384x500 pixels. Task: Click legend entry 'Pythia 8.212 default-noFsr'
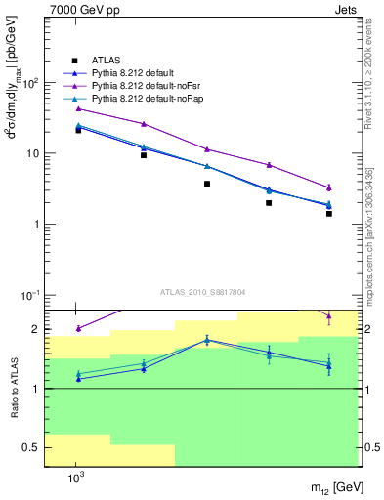click(148, 86)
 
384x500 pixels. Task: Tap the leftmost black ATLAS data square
click(78, 130)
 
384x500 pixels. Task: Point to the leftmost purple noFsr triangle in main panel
click(78, 108)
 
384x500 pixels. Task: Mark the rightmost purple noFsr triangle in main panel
click(329, 187)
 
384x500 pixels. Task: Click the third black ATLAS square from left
click(207, 184)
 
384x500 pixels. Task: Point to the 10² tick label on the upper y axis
click(30, 83)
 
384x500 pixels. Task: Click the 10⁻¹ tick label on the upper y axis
click(28, 295)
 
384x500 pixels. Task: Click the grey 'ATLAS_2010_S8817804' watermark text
click(202, 292)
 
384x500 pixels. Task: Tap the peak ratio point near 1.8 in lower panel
click(207, 340)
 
